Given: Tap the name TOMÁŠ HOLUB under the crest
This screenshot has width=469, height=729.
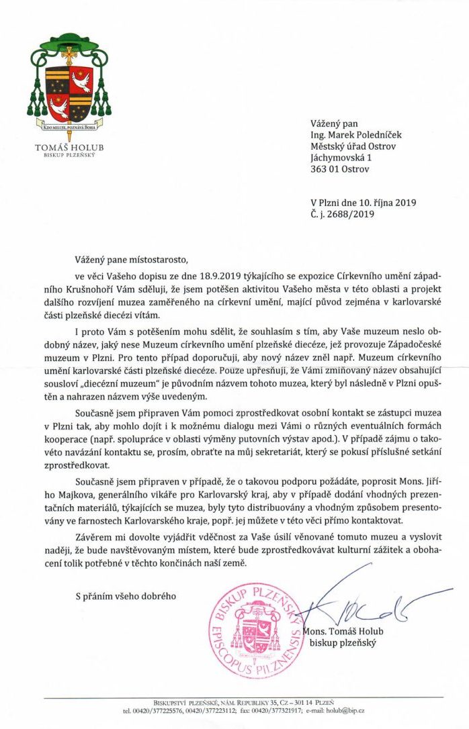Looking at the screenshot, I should coord(65,147).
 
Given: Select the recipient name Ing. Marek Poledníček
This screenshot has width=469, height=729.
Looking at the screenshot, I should coord(353,134).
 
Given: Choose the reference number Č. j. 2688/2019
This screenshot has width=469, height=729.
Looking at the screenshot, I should coord(343,215).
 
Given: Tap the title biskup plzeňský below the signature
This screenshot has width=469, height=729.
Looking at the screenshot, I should coord(342,643).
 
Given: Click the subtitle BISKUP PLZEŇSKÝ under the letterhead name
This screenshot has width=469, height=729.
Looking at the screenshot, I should coord(65,156).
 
